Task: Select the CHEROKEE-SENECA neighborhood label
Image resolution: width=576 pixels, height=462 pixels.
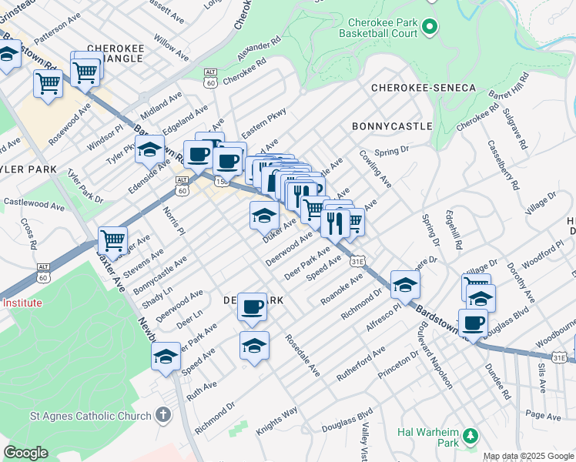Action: [x=424, y=89]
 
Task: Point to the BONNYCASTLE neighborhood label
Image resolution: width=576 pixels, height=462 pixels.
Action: [x=391, y=126]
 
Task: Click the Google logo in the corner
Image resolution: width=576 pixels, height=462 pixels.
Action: [x=26, y=453]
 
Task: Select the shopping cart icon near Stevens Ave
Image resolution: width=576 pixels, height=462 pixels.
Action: [x=113, y=240]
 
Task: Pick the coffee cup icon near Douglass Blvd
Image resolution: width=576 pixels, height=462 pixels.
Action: [x=473, y=322]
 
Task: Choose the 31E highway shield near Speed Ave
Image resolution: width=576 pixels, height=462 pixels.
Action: [x=357, y=262]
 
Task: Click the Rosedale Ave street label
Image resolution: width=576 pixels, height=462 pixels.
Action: [x=302, y=355]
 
